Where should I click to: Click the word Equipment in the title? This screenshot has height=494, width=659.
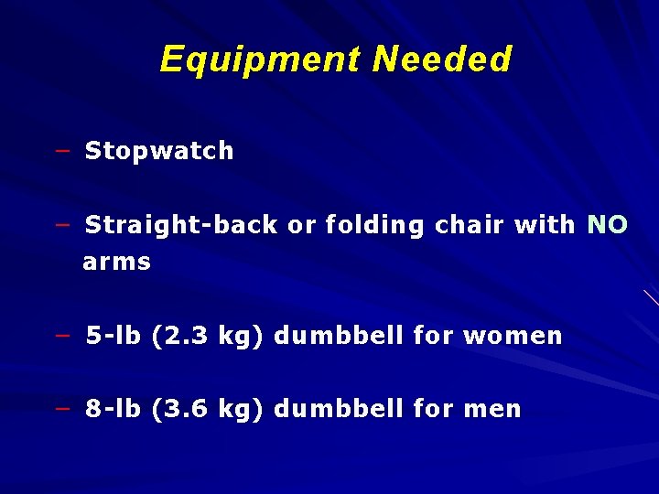point(260,60)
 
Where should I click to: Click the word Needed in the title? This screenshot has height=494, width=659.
point(442,60)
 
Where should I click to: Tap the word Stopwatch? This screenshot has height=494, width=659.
point(159,151)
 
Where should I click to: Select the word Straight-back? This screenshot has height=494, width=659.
point(181,225)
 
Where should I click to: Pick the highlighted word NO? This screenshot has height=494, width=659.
point(607,225)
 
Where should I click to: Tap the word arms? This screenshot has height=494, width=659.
point(116,263)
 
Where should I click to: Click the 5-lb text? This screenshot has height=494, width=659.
point(113,336)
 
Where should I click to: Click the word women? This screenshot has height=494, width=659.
point(513,336)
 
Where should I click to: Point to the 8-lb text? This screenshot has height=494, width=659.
point(113,409)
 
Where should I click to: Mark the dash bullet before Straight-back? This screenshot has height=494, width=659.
point(62,225)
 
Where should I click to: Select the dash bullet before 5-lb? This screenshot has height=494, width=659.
point(62,336)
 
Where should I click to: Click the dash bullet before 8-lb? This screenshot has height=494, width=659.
point(62,409)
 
